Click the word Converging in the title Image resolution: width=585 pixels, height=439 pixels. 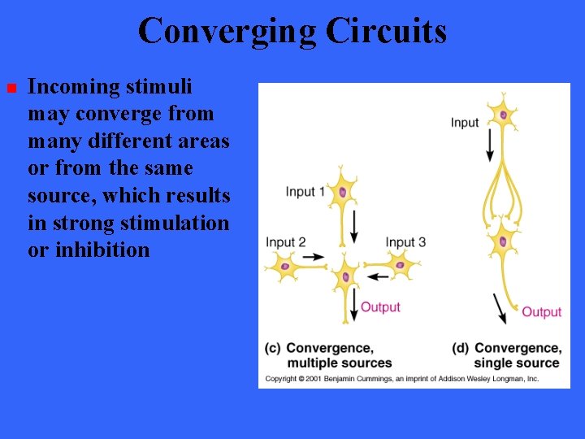[227, 31]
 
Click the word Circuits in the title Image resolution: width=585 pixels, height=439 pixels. [387, 31]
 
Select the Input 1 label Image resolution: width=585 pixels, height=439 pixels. [305, 192]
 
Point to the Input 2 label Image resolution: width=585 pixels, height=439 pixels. [286, 242]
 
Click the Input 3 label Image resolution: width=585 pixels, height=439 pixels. [405, 242]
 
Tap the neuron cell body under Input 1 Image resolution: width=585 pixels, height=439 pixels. [342, 193]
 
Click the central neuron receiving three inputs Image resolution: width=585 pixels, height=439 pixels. [345, 276]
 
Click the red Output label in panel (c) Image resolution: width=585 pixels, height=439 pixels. [380, 306]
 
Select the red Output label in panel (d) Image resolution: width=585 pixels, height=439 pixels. [541, 312]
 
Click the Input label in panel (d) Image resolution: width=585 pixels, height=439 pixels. [465, 123]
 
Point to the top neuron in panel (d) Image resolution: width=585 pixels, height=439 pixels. [503, 115]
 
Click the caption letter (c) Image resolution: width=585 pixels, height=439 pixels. [273, 348]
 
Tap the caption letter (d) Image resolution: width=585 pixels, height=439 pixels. [460, 348]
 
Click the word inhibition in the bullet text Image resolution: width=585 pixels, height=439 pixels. [102, 250]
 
